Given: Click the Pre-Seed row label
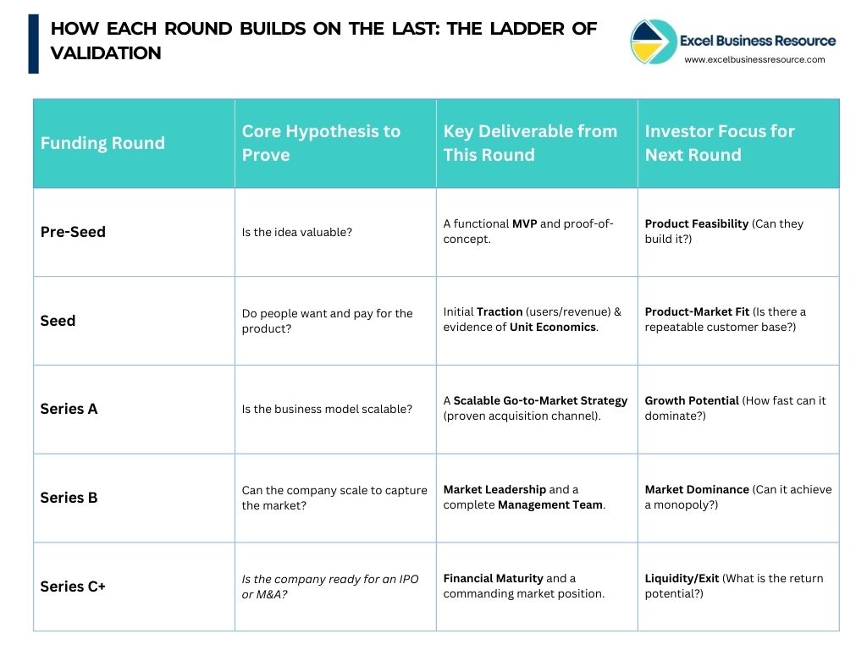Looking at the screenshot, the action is tap(73, 232).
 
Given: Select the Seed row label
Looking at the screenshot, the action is tap(58, 321).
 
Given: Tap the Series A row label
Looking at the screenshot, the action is tap(69, 409).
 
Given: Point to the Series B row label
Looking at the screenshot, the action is tap(69, 498).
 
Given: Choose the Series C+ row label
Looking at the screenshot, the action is tap(73, 587).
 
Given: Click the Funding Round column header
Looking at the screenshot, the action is tap(102, 143).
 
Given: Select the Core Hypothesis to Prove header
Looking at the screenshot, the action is tap(321, 143).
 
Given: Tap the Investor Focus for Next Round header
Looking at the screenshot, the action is tap(720, 143).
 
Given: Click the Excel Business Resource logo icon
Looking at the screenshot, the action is tap(652, 41).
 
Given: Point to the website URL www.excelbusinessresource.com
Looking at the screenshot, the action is tap(754, 59).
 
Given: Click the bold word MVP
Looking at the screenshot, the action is tap(523, 224).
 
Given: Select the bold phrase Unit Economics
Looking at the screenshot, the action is tap(553, 328).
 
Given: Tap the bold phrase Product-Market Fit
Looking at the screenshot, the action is tap(697, 312).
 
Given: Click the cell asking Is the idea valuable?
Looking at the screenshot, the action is tap(296, 232).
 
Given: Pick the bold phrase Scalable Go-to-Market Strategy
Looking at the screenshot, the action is tap(540, 401).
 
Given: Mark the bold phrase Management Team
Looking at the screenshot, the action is tap(550, 505).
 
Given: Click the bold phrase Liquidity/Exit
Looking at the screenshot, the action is tap(682, 579).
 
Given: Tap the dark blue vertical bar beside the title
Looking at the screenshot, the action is tap(34, 43).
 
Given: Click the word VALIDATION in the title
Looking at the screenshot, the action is tap(106, 53).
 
